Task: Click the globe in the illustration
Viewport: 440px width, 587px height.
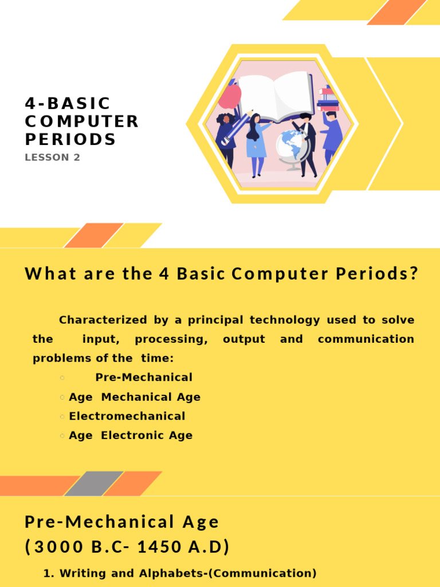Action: [x=292, y=147]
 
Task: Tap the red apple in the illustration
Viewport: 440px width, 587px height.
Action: [x=230, y=97]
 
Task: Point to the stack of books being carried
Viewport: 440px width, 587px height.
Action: [x=328, y=99]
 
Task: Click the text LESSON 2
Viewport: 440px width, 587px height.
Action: [x=53, y=158]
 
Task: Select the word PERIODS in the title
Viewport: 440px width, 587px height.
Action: [x=70, y=140]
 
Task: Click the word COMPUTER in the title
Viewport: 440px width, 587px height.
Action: [x=82, y=122]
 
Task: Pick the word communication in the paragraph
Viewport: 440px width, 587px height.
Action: [x=366, y=339]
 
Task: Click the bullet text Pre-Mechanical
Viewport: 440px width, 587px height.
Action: [x=144, y=377]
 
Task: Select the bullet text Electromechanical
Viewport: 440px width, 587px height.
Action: [x=127, y=416]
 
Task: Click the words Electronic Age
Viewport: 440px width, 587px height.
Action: [x=147, y=435]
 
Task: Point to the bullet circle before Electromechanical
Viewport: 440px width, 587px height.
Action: [x=62, y=417]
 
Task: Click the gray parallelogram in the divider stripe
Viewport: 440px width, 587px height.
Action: [x=93, y=483]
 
